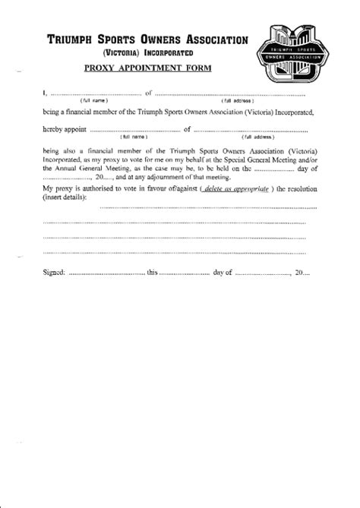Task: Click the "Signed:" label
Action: (54, 272)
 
